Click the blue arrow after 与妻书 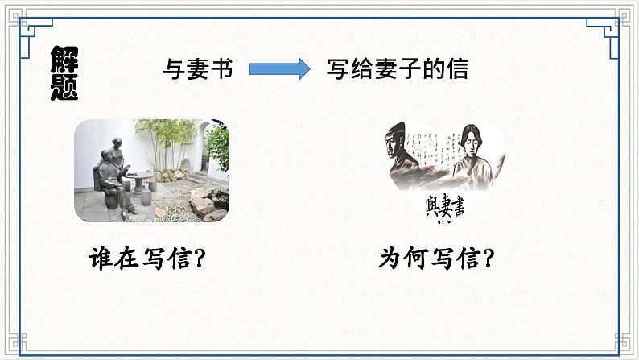pyautogui.click(x=278, y=69)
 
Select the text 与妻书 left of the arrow pyautogui.click(x=197, y=69)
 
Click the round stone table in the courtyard pyautogui.click(x=142, y=176)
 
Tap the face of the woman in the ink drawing pyautogui.click(x=468, y=147)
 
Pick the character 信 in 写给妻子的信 pyautogui.click(x=457, y=69)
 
